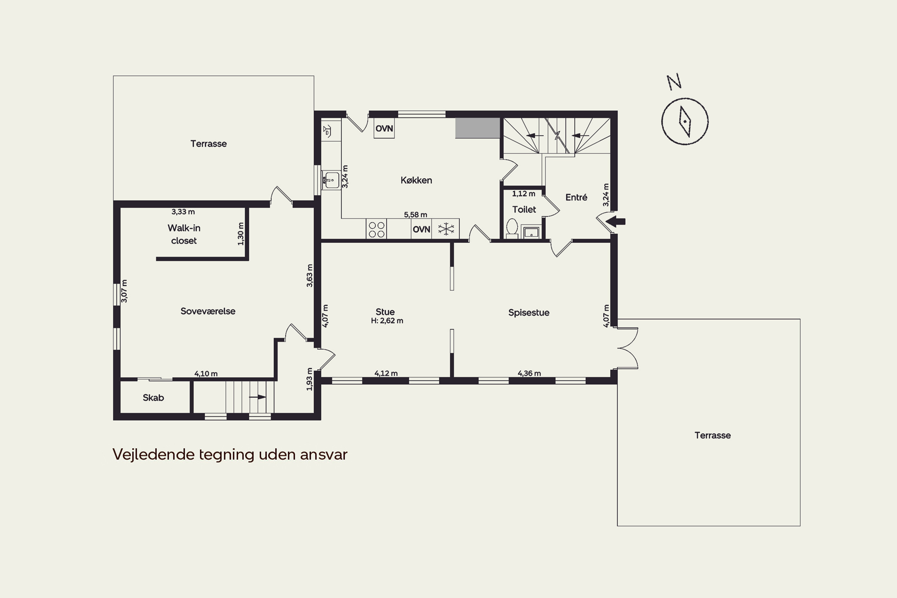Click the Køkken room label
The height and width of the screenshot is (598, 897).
tap(416, 180)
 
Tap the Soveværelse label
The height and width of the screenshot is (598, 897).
tap(208, 311)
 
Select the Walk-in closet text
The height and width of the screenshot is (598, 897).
tap(184, 234)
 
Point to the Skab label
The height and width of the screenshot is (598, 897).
tap(153, 398)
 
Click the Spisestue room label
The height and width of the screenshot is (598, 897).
tap(529, 313)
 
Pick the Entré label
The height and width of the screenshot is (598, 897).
tap(576, 197)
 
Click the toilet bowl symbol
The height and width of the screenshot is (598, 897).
tap(512, 228)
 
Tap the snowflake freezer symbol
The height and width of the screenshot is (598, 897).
tap(446, 229)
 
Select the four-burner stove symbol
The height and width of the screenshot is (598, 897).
tap(376, 229)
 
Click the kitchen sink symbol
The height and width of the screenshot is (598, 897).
tap(331, 180)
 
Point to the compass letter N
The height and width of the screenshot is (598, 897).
tap(674, 81)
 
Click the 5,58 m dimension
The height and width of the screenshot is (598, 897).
tap(415, 215)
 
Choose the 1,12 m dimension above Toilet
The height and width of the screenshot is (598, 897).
tap(523, 194)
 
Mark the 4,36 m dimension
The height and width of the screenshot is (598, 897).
tap(529, 373)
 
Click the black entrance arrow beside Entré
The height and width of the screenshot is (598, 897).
tap(616, 221)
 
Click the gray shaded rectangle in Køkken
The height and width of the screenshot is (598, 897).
tap(478, 128)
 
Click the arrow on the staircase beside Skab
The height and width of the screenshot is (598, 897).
tap(257, 397)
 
